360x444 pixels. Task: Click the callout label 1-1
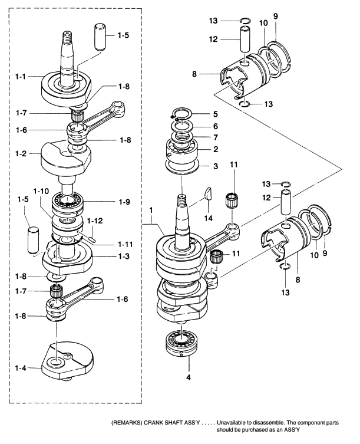click(x=21, y=77)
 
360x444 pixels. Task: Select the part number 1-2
click(x=21, y=153)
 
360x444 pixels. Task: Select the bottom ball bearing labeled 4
click(x=181, y=343)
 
